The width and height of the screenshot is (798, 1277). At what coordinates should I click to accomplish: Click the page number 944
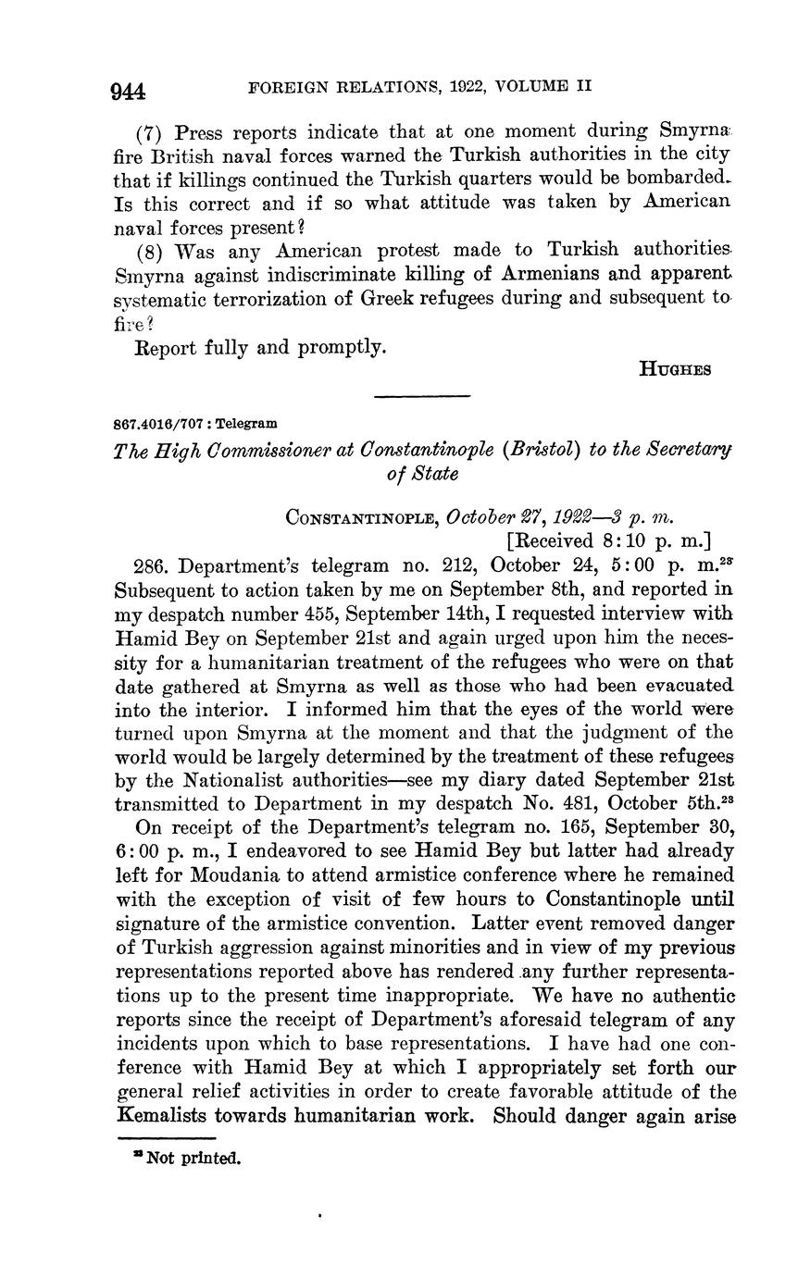pyautogui.click(x=128, y=91)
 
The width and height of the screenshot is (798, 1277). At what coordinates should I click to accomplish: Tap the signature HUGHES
pyautogui.click(x=675, y=368)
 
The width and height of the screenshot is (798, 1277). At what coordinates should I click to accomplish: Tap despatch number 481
pyautogui.click(x=568, y=802)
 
